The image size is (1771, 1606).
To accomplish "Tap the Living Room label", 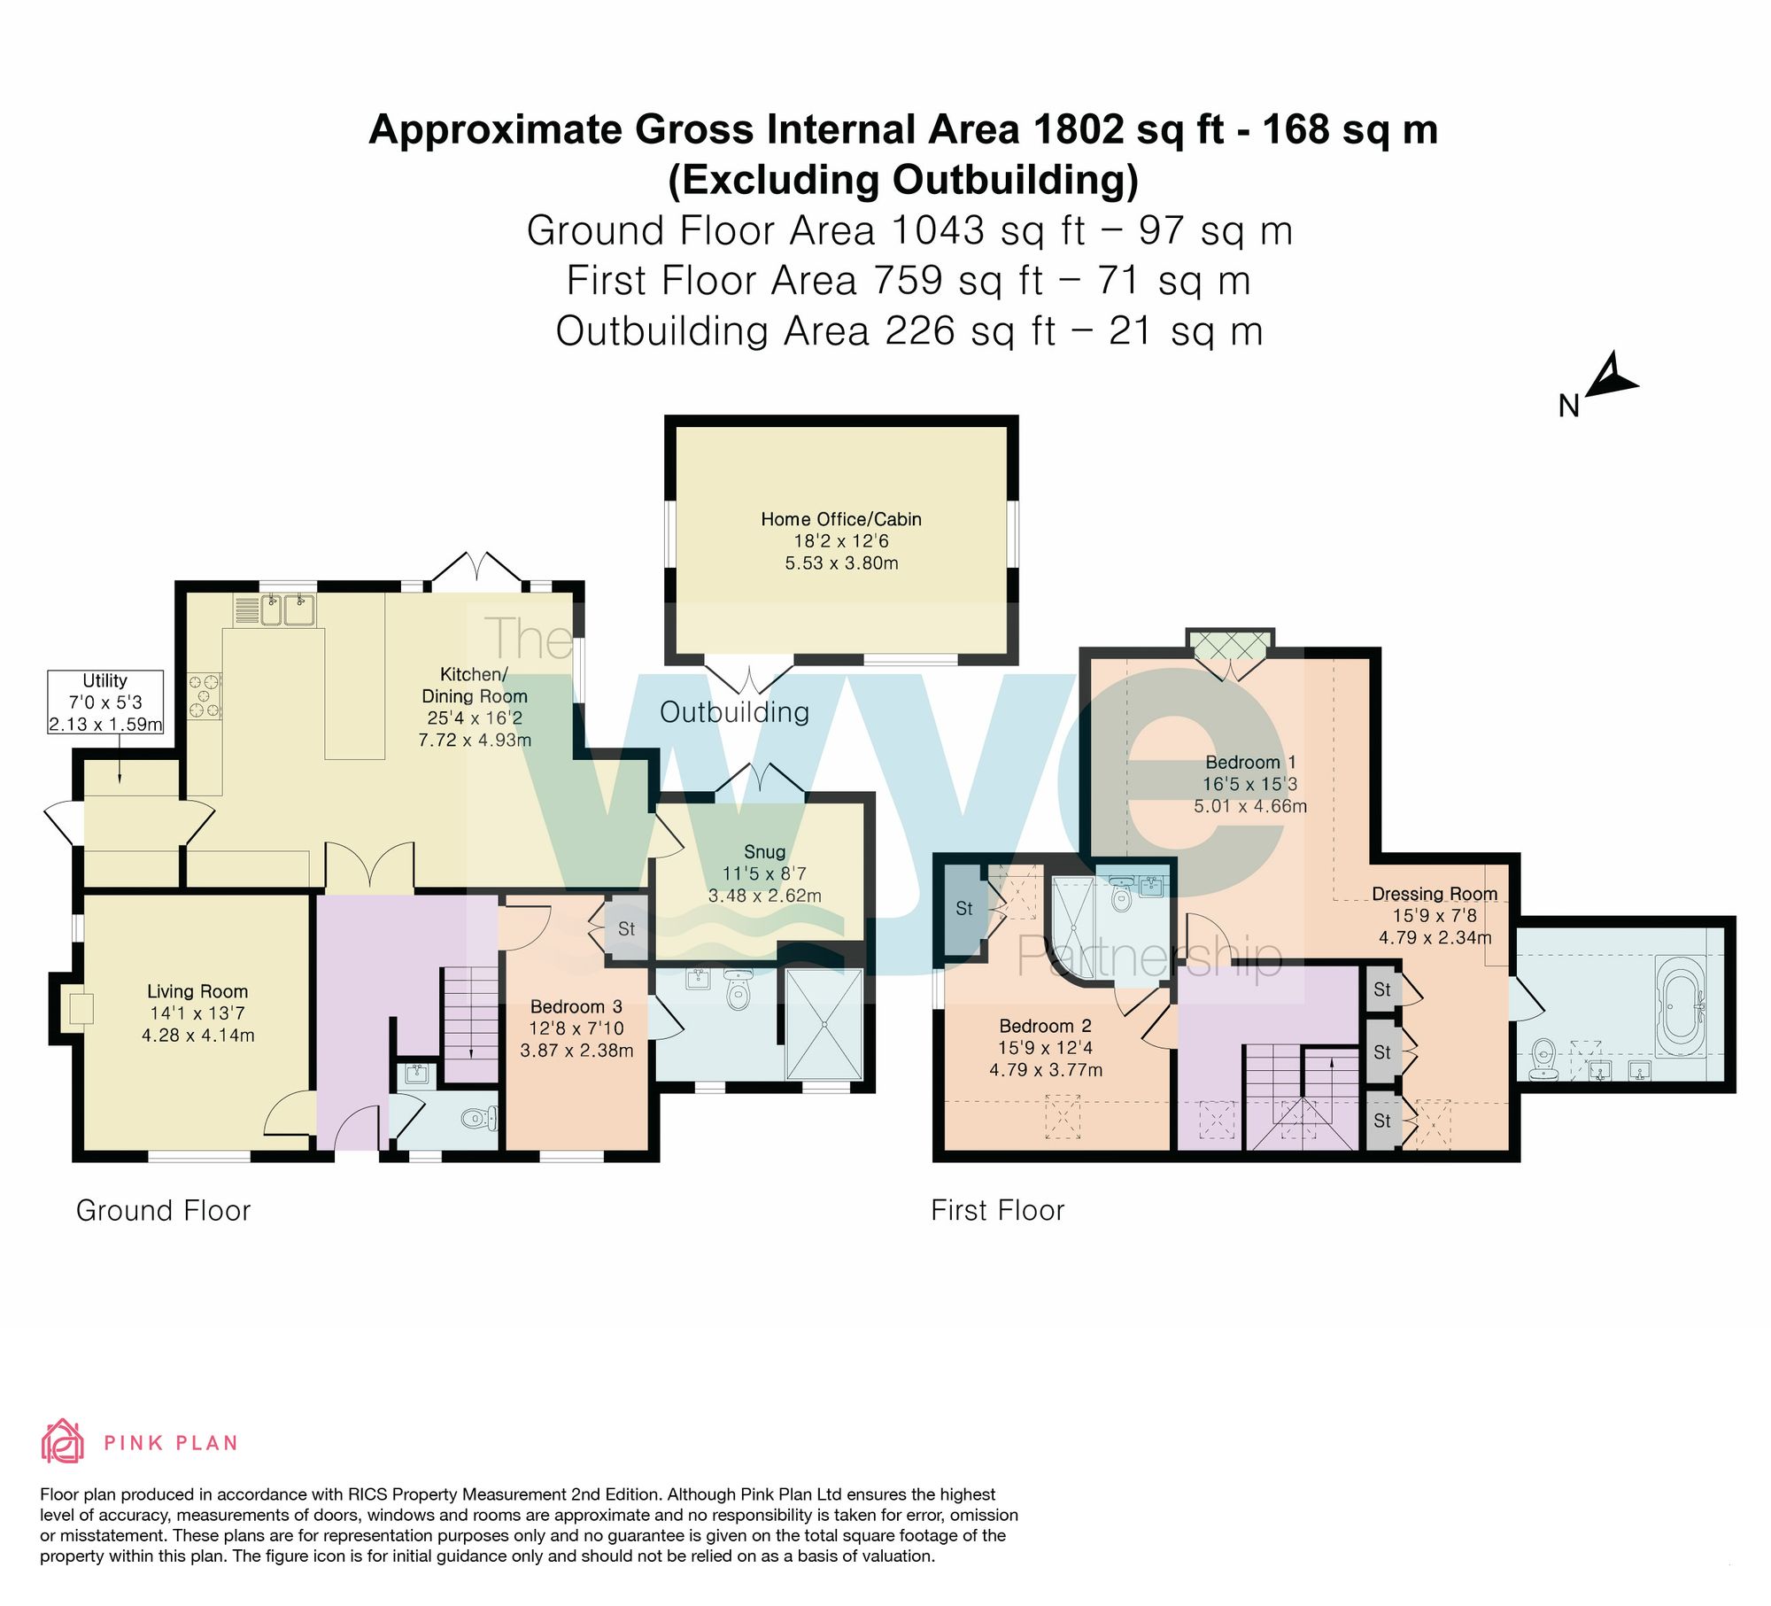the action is [197, 991].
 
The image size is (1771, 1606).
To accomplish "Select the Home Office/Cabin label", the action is [841, 519].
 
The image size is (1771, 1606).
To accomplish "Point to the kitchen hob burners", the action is [205, 696].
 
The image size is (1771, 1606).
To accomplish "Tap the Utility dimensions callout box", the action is [105, 702].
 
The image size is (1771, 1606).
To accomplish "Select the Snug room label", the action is [764, 851].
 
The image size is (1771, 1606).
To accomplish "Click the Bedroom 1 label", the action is [1250, 762].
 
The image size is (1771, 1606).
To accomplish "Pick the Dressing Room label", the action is [1435, 894].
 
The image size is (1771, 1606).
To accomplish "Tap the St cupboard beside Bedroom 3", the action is [627, 929].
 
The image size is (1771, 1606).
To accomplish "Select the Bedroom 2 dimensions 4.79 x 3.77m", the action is [1046, 1069].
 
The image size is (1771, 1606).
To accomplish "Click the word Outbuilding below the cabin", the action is [734, 712].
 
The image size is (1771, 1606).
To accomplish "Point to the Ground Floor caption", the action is [164, 1210].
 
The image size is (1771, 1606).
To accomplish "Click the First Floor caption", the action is [998, 1210].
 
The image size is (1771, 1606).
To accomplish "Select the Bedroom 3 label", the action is [576, 1006].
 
